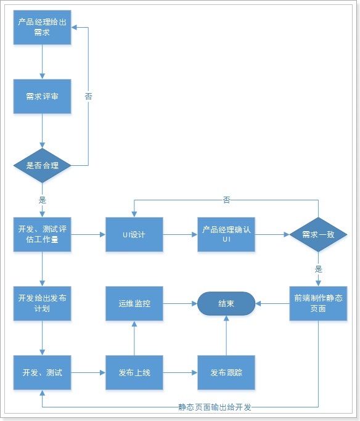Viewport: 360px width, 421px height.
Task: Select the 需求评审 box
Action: coord(42,96)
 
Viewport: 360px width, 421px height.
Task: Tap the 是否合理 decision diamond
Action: coord(42,165)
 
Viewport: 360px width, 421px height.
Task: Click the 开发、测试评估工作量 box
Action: coord(42,235)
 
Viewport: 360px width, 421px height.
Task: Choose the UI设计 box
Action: coord(134,235)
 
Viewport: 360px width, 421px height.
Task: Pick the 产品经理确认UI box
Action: coord(226,235)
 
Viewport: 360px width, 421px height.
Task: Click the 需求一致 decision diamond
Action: coord(318,235)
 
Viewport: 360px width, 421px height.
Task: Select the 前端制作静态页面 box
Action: coord(318,303)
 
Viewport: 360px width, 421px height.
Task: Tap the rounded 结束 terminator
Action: coord(226,303)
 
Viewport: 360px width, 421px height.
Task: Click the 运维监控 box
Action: coord(134,303)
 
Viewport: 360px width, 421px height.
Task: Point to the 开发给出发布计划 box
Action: coord(42,303)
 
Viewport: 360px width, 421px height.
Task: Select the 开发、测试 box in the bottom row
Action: coord(42,373)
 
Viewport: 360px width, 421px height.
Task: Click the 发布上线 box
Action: coord(134,373)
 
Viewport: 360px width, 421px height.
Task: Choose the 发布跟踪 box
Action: coord(226,373)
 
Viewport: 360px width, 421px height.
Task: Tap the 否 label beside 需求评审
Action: coord(88,96)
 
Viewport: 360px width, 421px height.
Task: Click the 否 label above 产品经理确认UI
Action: coord(226,200)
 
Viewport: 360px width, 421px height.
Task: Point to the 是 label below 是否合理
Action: coord(42,200)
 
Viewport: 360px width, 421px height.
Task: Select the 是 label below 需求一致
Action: coord(318,269)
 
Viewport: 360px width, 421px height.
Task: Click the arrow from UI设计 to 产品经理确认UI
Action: coord(179,235)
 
